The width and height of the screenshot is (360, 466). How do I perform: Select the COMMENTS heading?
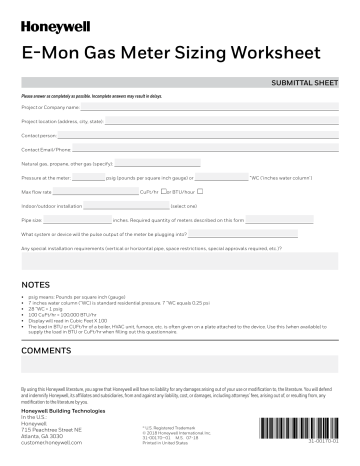(45, 352)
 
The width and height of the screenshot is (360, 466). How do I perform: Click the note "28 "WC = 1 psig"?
(48, 313)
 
